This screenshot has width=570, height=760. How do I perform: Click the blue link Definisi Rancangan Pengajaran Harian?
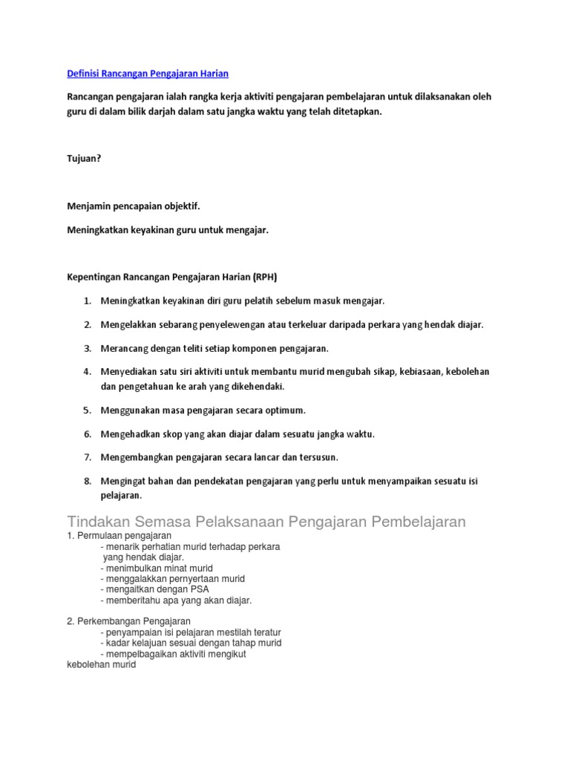coord(148,73)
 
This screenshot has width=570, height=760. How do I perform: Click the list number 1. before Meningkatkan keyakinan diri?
coord(87,301)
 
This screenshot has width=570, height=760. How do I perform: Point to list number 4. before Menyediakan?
coord(87,371)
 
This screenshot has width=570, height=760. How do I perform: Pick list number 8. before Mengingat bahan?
coord(87,481)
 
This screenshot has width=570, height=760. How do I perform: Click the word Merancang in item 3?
coord(125,348)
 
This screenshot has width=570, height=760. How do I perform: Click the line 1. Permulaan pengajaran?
coord(119,535)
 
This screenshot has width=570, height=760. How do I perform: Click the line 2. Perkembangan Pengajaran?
coord(129,621)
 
